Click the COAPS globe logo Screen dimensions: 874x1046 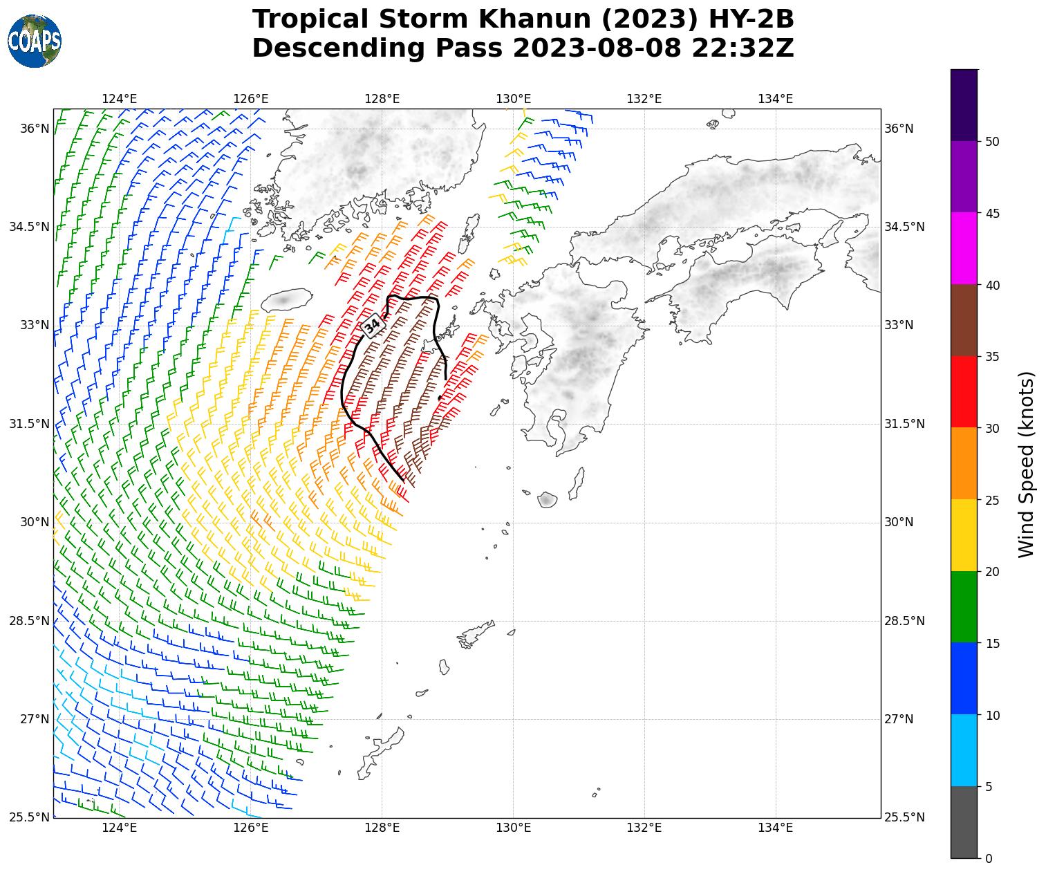34,41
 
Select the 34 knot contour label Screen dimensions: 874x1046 373,325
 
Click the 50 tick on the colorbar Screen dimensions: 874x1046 993,142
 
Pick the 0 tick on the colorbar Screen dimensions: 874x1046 989,859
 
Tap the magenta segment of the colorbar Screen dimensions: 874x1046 964,248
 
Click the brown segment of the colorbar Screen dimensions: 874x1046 964,320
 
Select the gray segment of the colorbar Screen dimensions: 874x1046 964,822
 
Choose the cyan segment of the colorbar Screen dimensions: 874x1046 964,750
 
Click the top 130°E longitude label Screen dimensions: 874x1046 513,99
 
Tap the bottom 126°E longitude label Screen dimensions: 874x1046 250,827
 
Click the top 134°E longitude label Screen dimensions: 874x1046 775,99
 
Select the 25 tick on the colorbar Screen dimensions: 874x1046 993,500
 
